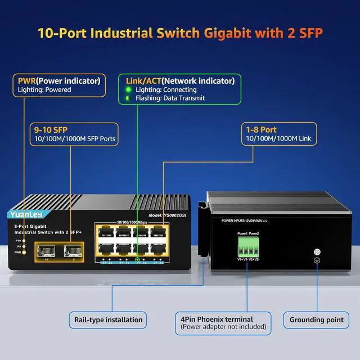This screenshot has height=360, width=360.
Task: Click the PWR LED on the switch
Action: tap(24, 253)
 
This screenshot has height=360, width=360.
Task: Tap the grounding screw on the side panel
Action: tap(317, 253)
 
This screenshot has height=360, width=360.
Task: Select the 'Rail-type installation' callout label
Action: tap(108, 319)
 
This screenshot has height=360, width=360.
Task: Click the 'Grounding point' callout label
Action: tap(316, 319)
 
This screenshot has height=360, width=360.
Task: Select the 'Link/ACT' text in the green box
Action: tap(141, 80)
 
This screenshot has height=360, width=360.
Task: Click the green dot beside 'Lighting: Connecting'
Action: tap(128, 89)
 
